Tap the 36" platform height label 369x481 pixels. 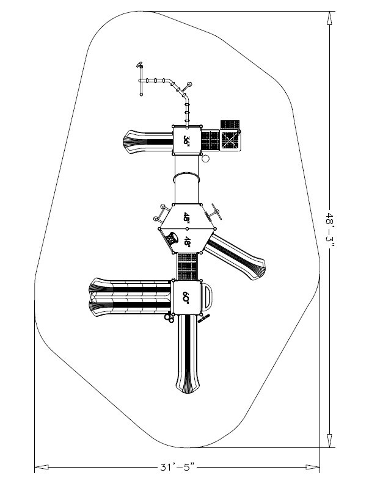188,140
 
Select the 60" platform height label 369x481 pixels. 186,297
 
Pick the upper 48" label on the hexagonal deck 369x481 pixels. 186,219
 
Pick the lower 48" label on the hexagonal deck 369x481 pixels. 188,241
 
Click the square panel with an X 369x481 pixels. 230,140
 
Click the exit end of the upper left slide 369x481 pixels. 130,140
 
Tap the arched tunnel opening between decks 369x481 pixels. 187,178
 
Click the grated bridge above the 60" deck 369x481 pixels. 187,266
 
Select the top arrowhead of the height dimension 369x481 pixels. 330,17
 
